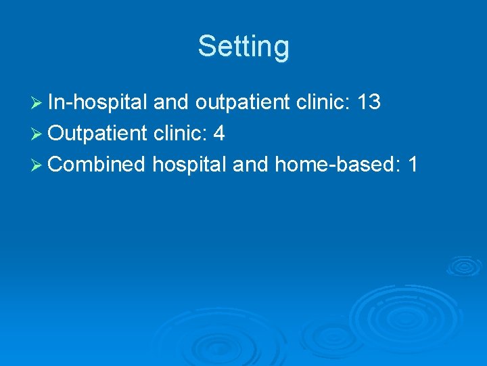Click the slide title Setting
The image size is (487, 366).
point(243,47)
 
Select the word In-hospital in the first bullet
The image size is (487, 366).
point(98,102)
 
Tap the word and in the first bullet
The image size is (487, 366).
point(171,102)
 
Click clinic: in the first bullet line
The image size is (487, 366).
point(325,102)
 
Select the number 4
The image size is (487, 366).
point(218,134)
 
